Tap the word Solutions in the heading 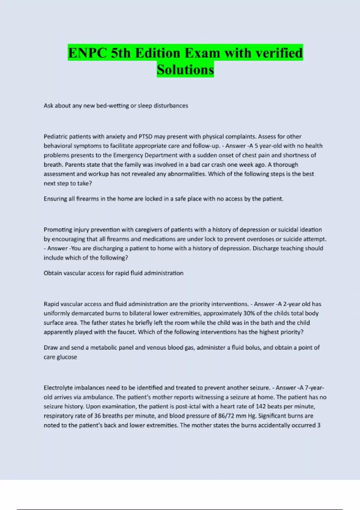[185, 70]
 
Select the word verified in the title [279, 53]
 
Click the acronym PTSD [145, 136]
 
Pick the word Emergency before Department [128, 155]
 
